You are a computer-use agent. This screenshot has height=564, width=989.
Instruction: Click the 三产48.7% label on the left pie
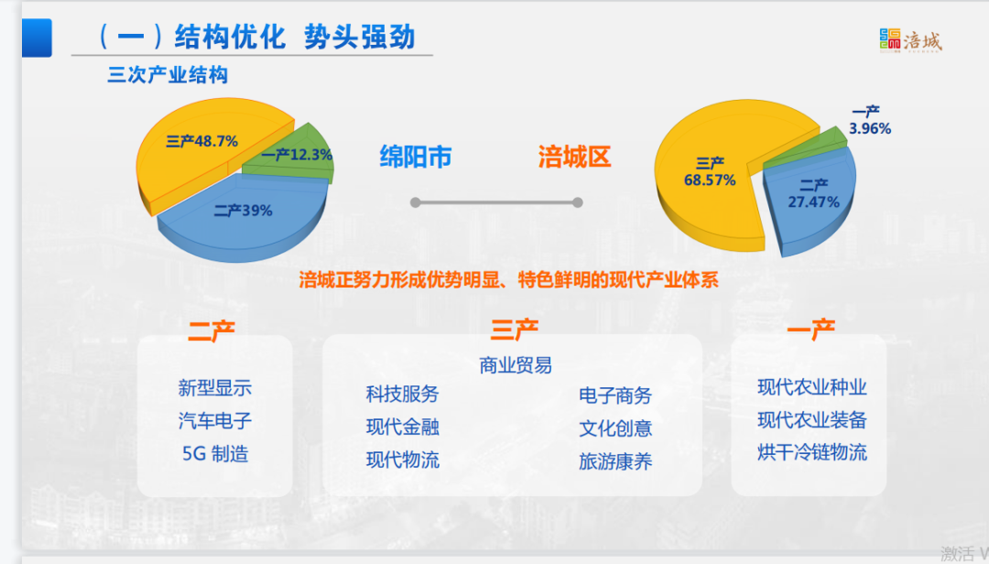point(201,141)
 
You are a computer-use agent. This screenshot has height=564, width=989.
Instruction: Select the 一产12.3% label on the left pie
point(297,155)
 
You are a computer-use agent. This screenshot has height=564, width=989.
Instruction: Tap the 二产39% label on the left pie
point(243,210)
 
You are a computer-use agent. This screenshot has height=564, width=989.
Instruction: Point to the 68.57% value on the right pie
point(710,180)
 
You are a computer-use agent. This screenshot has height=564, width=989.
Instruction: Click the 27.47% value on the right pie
point(814,201)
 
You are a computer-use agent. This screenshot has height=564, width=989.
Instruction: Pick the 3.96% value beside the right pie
point(870,129)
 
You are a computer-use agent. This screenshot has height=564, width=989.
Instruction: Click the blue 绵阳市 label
point(416,157)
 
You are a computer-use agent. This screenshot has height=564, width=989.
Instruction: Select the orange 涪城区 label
point(574,157)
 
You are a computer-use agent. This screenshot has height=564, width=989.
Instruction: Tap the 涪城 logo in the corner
point(911,41)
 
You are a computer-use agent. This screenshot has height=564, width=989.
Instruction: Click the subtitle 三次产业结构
point(168,75)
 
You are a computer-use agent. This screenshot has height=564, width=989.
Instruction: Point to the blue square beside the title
point(37,38)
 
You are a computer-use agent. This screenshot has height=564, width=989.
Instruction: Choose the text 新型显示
point(214,387)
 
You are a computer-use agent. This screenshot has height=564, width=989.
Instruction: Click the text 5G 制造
point(215,453)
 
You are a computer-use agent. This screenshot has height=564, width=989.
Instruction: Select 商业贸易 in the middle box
point(516,364)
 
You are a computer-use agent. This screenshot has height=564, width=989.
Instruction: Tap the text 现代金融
point(402,427)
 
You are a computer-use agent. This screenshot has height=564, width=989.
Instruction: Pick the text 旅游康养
point(615,461)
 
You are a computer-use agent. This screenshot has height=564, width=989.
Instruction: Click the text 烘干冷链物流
point(811,452)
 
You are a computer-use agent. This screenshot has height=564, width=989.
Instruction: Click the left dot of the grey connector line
point(415,202)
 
